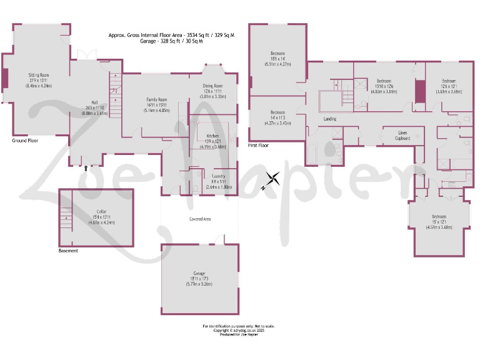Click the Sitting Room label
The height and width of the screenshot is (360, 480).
[x=38, y=75]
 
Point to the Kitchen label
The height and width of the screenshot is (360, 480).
[x=212, y=136]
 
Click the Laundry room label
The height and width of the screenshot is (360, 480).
[x=219, y=176]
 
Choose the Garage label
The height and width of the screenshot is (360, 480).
[x=199, y=274]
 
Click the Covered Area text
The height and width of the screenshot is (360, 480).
[x=200, y=219]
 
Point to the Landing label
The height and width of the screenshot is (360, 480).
[x=330, y=119]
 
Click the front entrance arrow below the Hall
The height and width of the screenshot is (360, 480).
[x=86, y=167]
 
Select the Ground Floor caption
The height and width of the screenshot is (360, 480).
[x=24, y=141]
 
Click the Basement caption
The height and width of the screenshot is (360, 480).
[x=68, y=251]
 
